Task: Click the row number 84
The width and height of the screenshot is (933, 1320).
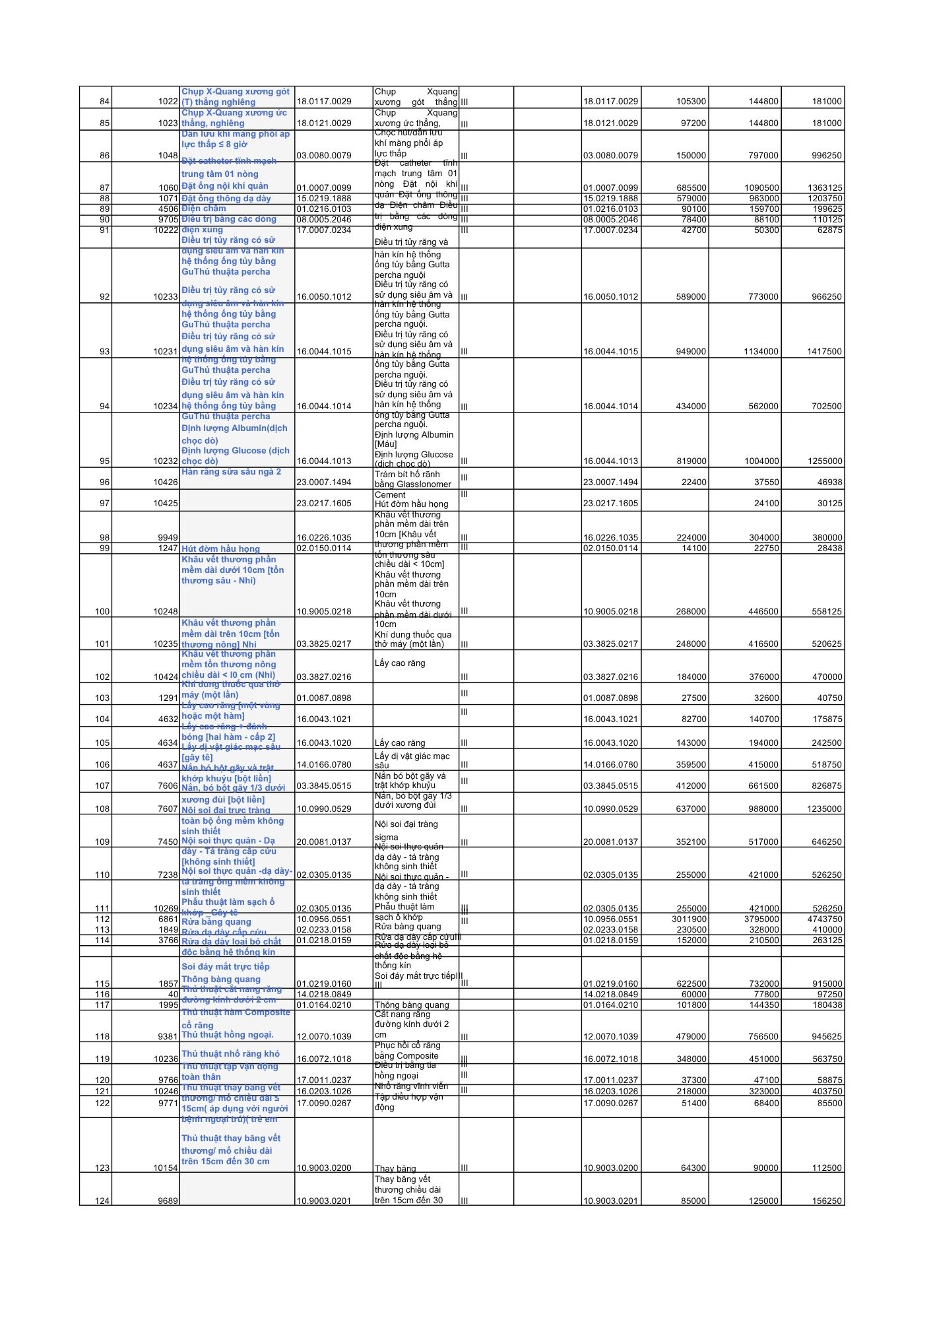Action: tap(104, 102)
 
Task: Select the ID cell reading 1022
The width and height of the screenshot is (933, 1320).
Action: tap(168, 102)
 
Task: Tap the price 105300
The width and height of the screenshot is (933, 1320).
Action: tap(691, 102)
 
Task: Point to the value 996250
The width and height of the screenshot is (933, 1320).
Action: tap(827, 156)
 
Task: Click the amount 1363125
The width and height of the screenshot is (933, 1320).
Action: tap(824, 188)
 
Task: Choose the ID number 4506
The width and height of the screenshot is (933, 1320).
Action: tap(168, 209)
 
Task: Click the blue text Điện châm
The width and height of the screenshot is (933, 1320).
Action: tap(204, 209)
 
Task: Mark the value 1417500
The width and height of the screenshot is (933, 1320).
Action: tap(824, 352)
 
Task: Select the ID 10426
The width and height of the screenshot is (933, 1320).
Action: tap(166, 482)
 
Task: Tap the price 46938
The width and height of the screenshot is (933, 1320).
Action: tap(829, 482)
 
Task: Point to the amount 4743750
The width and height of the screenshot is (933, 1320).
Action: tap(824, 919)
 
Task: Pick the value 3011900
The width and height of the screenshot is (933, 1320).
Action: tap(689, 919)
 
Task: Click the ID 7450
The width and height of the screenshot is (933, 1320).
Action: tap(168, 842)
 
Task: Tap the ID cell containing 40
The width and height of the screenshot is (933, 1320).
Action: tap(174, 995)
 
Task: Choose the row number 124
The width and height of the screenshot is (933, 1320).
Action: tap(102, 1201)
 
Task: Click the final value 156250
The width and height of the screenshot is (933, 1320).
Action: tap(827, 1201)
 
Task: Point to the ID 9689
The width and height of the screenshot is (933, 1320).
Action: tap(168, 1201)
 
